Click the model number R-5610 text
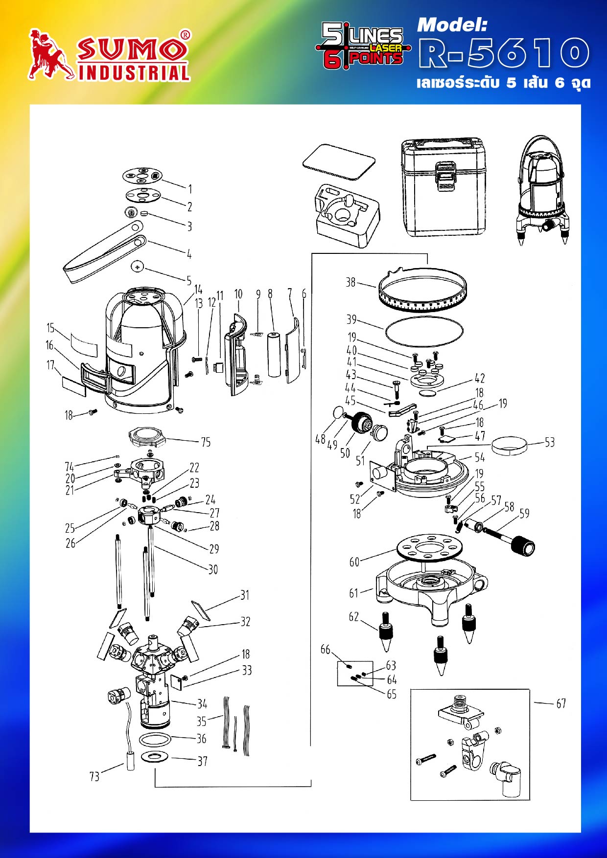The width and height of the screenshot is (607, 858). coord(504,53)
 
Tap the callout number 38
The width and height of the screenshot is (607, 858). coord(350,282)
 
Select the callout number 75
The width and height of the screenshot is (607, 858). coord(206,442)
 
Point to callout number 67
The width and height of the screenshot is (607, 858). coord(561,703)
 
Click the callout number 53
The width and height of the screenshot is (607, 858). coord(550,442)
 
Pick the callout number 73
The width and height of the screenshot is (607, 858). coord(94,776)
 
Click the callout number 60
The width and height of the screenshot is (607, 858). coord(354,562)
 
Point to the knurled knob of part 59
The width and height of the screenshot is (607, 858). coord(522,545)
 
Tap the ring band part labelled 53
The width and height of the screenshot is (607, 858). coord(510,446)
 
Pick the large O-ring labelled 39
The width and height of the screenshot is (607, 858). coord(424,331)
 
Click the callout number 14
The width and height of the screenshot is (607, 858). coord(198,290)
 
